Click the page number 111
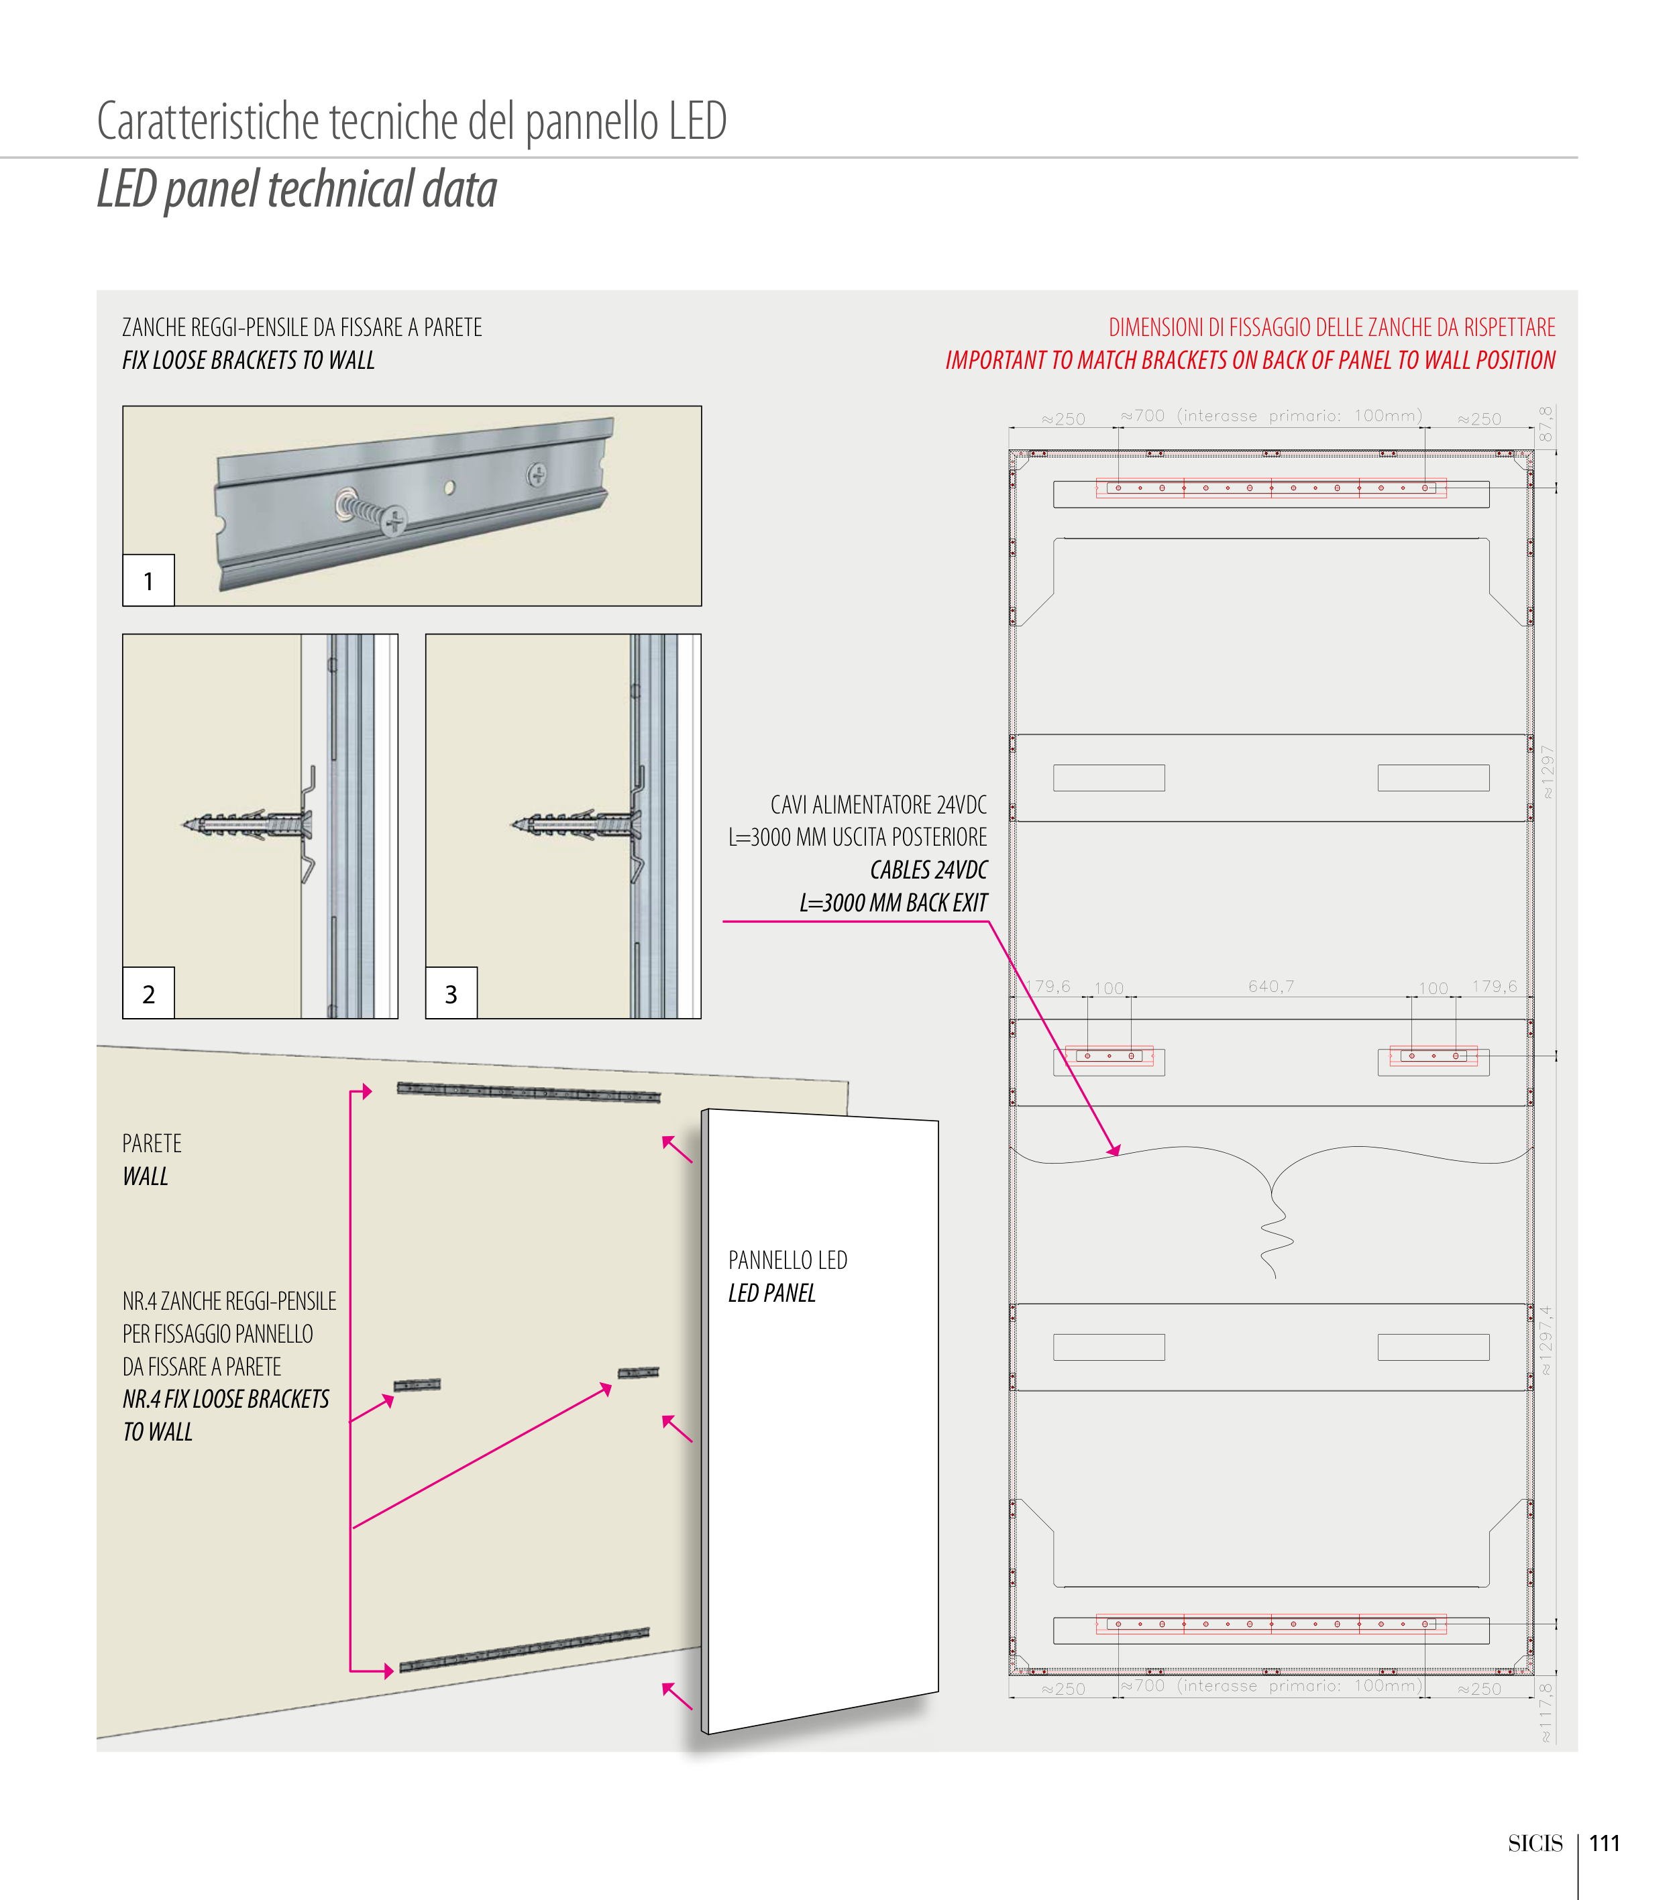(x=1605, y=1843)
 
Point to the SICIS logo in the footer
(x=1535, y=1843)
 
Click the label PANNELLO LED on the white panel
(x=788, y=1260)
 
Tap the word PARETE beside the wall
(x=152, y=1143)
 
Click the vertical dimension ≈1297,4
(x=1546, y=1339)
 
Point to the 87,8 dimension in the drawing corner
(x=1545, y=424)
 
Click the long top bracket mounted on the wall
(x=528, y=1093)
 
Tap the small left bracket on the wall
(x=417, y=1385)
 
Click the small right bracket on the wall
(x=639, y=1372)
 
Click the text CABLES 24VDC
(x=928, y=869)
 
